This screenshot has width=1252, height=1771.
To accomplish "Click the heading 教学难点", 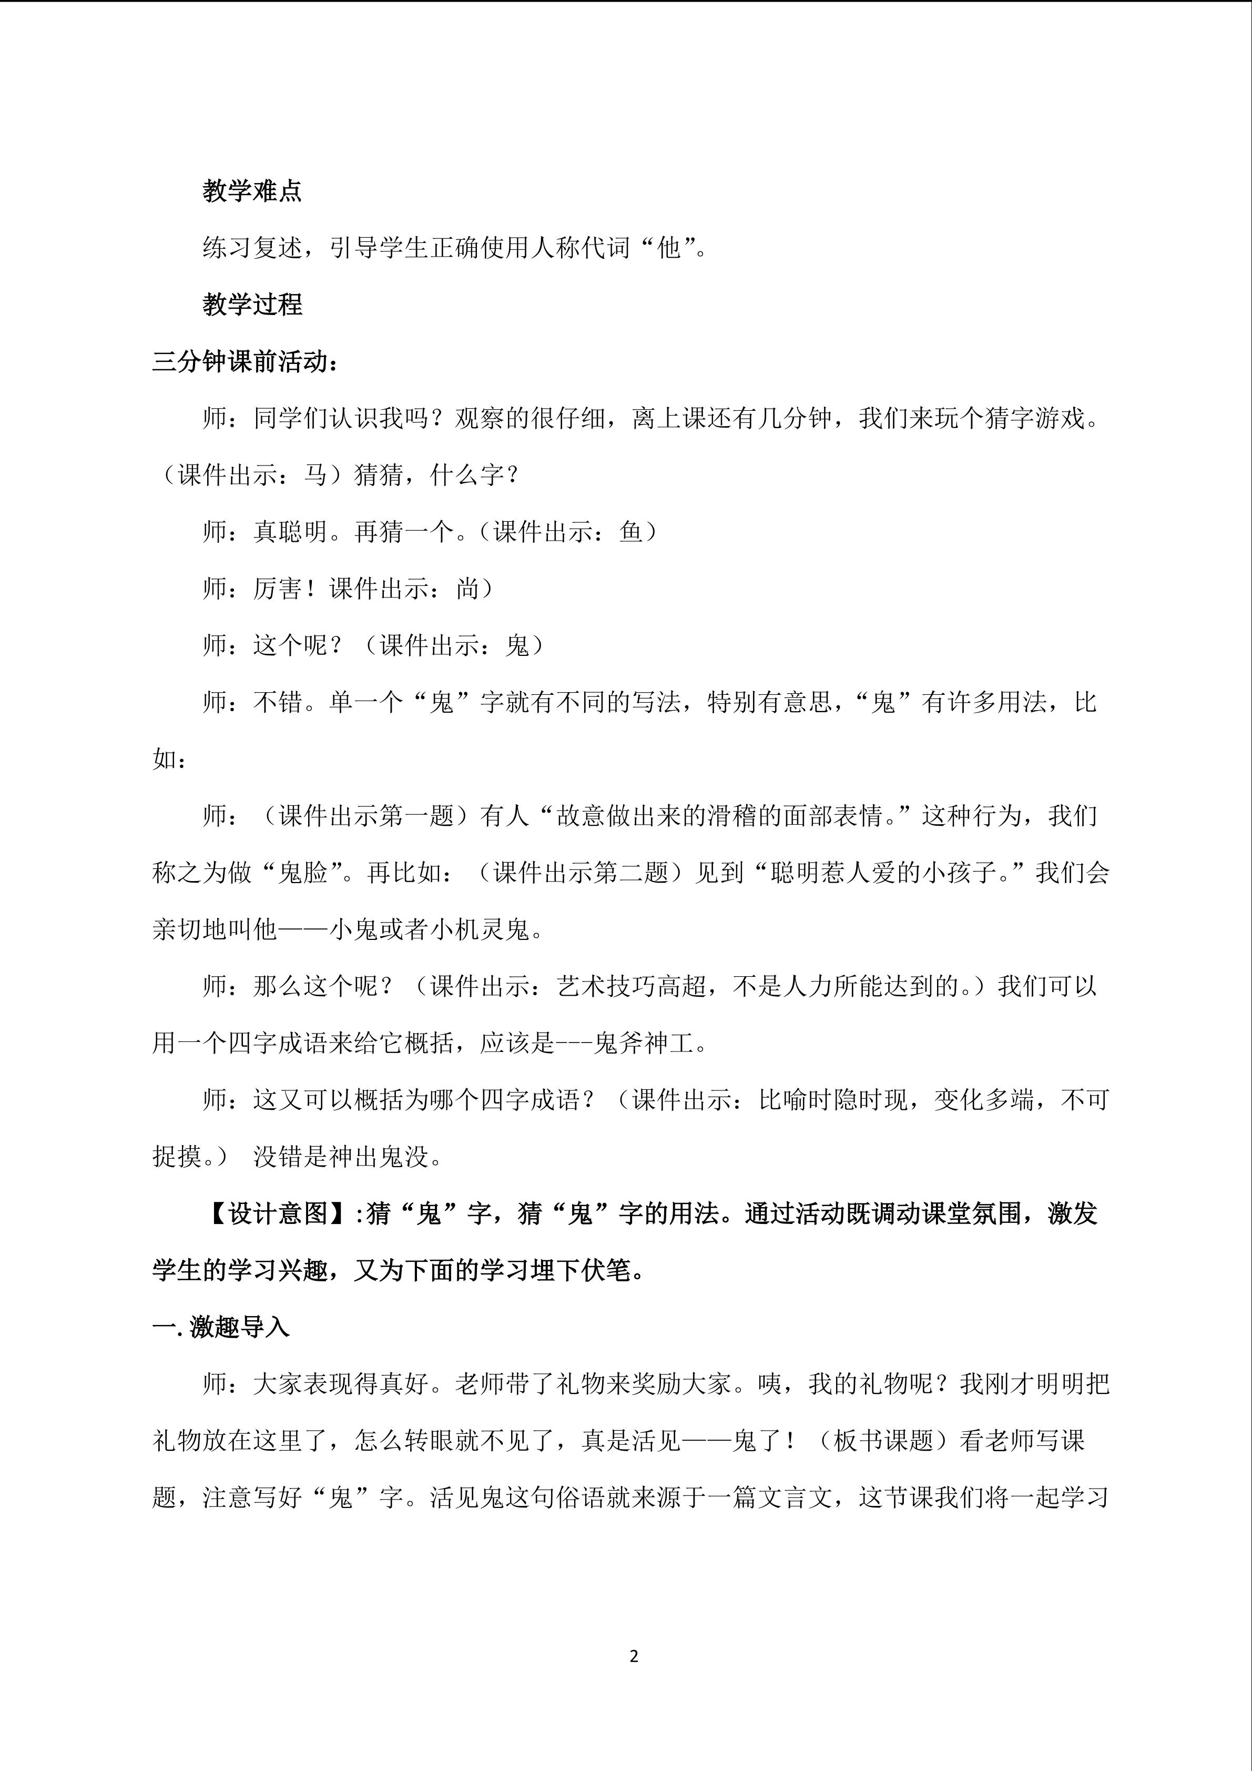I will point(252,190).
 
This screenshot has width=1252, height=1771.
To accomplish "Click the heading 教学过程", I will point(252,304).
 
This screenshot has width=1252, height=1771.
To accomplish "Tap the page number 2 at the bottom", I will point(634,1656).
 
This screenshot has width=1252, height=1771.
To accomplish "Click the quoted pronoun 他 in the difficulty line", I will point(669,248).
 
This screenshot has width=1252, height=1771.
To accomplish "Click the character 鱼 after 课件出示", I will point(630,531).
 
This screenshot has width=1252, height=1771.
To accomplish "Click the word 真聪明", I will point(291,531).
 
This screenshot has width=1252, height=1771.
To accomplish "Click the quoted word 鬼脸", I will point(303,873).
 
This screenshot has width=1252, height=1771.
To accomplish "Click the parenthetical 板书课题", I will point(883,1440).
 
